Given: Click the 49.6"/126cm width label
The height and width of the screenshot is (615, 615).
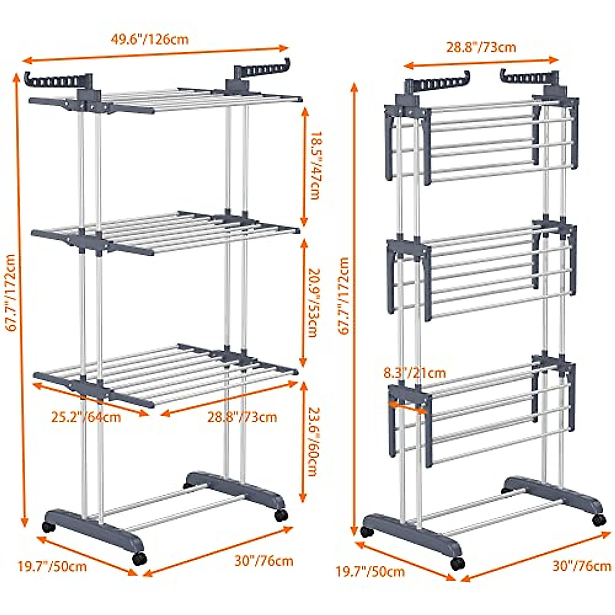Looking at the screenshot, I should point(150,39).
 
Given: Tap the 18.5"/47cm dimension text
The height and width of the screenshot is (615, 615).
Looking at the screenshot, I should point(312,166).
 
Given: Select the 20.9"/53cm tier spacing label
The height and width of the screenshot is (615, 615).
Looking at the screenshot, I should point(312,302).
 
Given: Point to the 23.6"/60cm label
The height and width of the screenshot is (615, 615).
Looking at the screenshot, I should point(312,441).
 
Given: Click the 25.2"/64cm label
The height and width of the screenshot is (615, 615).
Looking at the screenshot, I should point(86,417).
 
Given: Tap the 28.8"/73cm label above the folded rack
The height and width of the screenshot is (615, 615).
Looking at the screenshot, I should point(481,48).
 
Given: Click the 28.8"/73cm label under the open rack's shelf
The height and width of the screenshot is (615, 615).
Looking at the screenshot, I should point(242,417).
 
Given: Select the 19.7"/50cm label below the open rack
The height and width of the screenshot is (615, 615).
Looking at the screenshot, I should point(52,566).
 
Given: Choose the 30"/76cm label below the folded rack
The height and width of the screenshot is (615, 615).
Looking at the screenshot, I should point(582,566).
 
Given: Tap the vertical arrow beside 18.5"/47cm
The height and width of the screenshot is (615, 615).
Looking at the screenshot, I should point(304,166).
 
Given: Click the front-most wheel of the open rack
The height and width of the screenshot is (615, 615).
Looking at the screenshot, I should point(138,559).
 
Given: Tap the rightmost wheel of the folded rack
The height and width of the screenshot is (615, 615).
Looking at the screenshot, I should point(599,520).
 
